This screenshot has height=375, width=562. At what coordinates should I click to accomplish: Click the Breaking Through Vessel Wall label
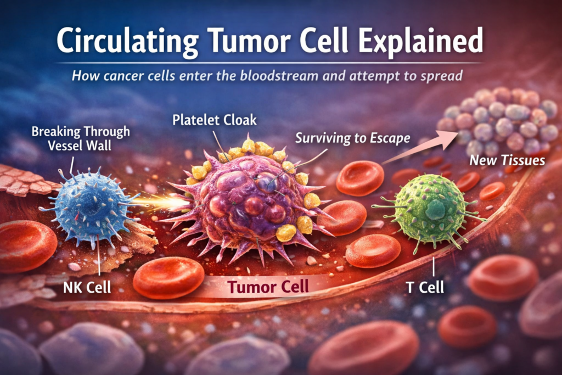click(81, 138)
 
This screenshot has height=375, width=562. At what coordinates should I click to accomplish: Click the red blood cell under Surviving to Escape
click(359, 177)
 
